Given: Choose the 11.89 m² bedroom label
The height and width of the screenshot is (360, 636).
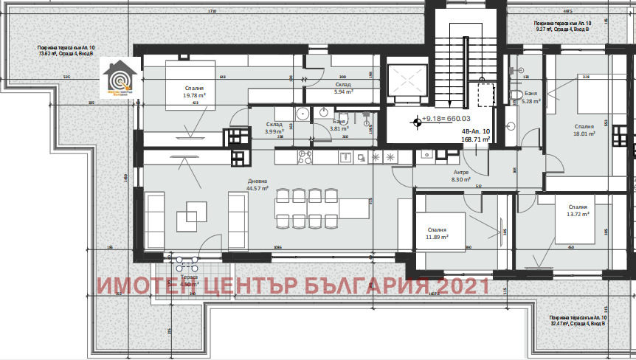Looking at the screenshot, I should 437,234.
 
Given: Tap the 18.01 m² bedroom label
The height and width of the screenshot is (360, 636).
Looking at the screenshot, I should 584,130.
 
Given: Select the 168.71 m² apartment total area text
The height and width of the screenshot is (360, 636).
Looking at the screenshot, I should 476,138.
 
